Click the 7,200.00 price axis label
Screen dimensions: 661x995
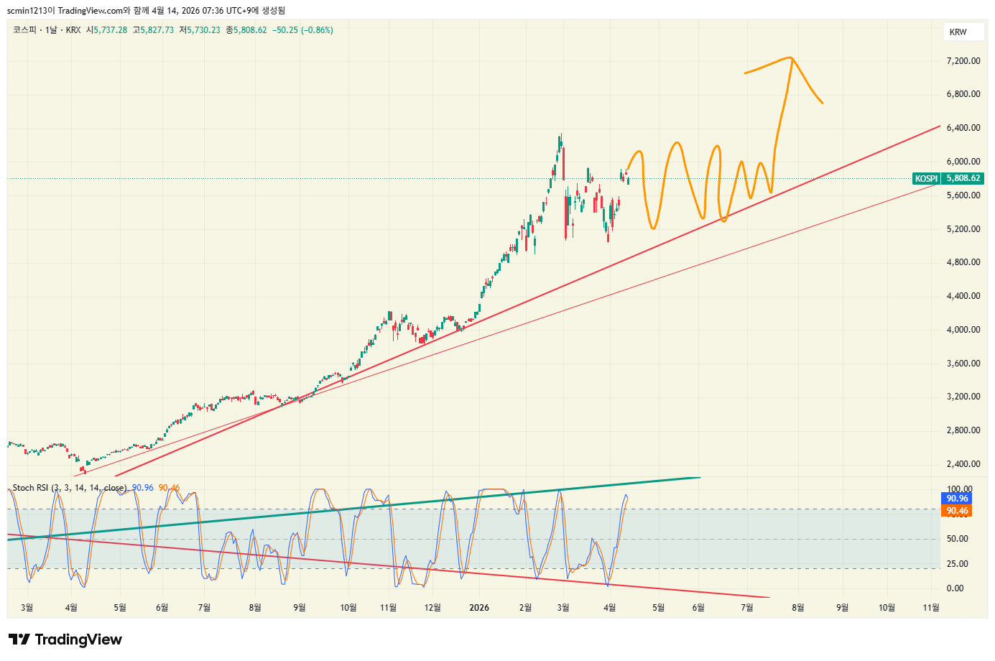pos(963,61)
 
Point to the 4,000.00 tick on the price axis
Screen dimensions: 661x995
pos(963,330)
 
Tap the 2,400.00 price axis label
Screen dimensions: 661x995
pos(963,464)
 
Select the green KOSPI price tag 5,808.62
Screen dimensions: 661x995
pos(948,178)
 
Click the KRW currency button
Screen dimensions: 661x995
pos(958,32)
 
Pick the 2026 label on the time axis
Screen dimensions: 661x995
pos(478,608)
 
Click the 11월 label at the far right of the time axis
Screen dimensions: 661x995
pos(930,608)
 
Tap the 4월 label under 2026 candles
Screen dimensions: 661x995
pos(609,608)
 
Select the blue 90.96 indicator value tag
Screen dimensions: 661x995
pos(956,499)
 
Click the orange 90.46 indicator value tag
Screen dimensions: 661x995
pos(956,511)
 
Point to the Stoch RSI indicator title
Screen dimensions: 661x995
pos(69,488)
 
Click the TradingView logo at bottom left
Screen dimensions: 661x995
pos(65,639)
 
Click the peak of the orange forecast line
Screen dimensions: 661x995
pos(791,58)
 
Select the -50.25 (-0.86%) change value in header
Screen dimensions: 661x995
pos(302,30)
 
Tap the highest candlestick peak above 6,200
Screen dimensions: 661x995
pos(560,134)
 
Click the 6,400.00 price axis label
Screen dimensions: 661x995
pos(963,128)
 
